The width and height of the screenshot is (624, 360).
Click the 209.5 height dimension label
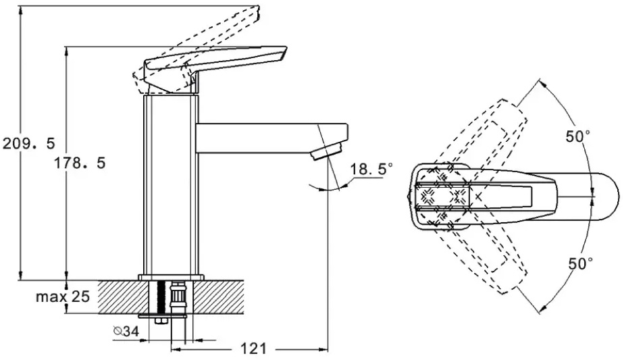point(28,143)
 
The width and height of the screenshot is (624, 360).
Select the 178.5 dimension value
point(80,163)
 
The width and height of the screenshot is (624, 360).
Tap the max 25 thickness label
point(63,297)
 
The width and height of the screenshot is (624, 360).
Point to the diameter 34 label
point(126,331)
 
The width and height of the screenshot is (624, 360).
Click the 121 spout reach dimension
point(253,349)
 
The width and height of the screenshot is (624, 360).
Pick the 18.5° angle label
point(371,169)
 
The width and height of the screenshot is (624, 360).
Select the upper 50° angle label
point(577,137)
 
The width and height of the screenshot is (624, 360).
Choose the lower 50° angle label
point(580,263)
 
